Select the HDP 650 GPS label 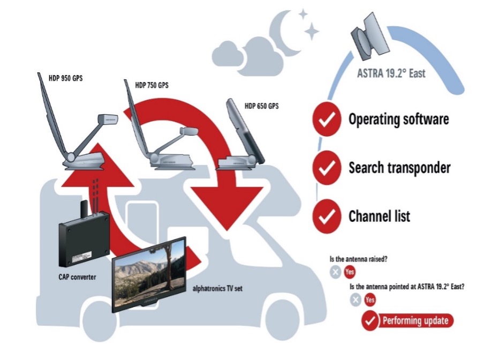pyautogui.click(x=262, y=105)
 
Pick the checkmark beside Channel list pyautogui.click(x=326, y=217)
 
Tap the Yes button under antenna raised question pyautogui.click(x=350, y=272)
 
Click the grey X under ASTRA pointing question pyautogui.click(x=355, y=300)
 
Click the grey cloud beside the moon pyautogui.click(x=238, y=55)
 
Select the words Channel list pyautogui.click(x=379, y=217)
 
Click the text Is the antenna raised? pyautogui.click(x=358, y=259)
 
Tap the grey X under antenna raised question pyautogui.click(x=335, y=272)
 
